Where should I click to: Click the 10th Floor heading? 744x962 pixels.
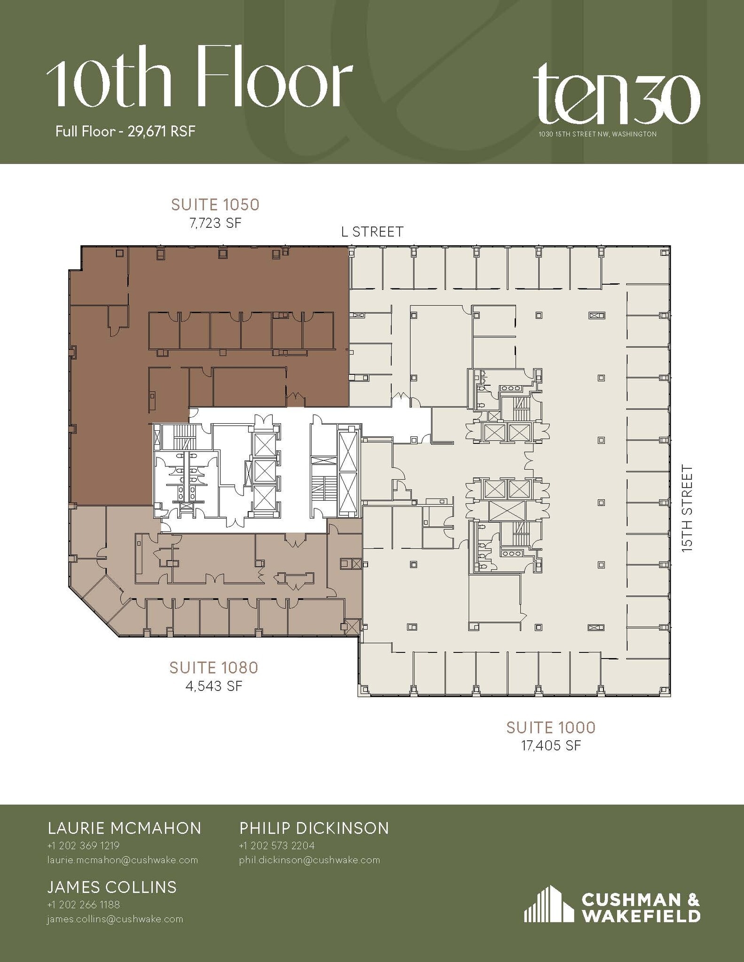point(199,78)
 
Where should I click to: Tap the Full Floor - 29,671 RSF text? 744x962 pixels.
point(125,131)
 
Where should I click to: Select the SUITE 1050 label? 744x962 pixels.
point(215,205)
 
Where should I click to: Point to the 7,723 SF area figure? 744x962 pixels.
point(215,223)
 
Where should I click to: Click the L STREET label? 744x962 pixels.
point(372,232)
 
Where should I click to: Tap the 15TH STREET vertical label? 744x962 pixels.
point(688,508)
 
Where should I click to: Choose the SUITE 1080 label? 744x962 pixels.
point(214,667)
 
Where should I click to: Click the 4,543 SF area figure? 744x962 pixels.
point(214,686)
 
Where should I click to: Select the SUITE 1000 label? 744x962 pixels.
point(551,728)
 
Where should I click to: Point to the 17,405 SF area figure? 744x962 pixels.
point(551,745)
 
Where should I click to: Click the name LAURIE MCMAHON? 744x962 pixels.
point(125,828)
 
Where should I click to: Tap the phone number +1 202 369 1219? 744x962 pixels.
point(83,846)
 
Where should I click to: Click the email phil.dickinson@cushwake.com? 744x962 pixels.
point(309,860)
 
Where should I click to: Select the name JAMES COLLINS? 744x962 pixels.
point(112,887)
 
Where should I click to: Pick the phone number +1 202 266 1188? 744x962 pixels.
point(83,905)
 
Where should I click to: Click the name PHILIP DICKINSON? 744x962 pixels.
point(314,828)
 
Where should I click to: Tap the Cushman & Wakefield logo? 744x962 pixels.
point(612,904)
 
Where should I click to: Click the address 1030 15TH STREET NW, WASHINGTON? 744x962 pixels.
point(597,134)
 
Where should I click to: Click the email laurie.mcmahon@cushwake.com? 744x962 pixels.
point(123,860)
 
